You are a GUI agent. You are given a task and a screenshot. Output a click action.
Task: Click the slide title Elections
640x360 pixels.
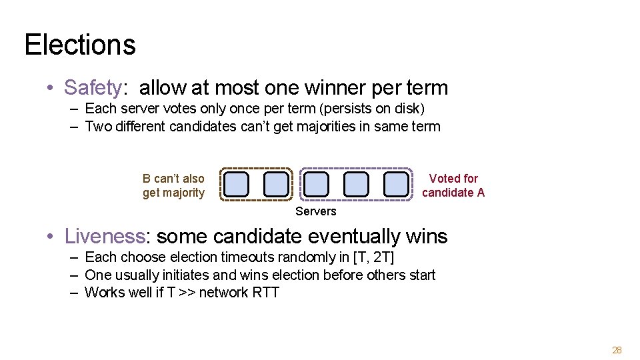point(80,45)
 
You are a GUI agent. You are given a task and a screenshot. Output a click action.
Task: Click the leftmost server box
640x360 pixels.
point(237,183)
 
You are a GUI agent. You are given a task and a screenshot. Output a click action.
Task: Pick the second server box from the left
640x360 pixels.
point(277,183)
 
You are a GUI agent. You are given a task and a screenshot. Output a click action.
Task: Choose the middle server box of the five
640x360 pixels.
point(317,183)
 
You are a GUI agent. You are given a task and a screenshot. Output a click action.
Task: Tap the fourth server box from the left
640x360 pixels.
point(357,183)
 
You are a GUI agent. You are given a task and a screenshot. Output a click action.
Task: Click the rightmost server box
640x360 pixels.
point(397,183)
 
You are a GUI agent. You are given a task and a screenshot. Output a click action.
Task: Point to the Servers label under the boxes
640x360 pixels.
point(316,211)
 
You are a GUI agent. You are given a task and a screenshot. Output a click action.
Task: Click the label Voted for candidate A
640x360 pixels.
point(453,185)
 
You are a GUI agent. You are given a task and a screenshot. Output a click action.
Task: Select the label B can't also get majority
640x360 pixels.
point(173,185)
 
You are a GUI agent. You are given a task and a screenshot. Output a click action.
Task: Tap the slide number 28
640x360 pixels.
point(617,350)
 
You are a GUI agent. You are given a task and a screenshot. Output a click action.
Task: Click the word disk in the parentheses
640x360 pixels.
point(409,108)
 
